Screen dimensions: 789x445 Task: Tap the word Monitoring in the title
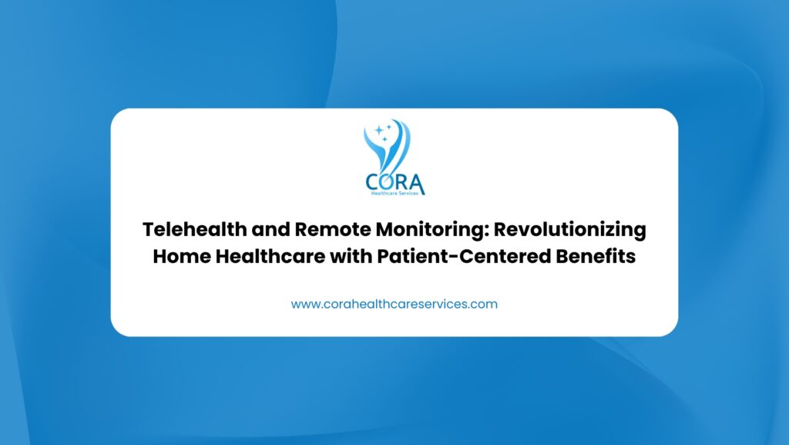[x=431, y=231]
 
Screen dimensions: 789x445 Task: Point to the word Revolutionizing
[x=569, y=231]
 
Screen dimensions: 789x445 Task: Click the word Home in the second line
[x=182, y=256]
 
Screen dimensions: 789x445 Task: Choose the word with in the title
[x=351, y=256]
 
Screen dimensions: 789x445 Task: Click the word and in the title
[x=270, y=230]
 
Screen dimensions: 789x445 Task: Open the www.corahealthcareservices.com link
[x=394, y=304]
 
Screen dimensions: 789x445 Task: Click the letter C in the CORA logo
[x=373, y=182]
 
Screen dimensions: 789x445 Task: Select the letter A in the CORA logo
[x=417, y=184]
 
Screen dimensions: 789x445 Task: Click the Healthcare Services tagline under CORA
[x=394, y=194]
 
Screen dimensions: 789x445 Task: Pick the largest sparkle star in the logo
[x=379, y=130]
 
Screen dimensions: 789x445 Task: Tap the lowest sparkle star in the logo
[x=385, y=140]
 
